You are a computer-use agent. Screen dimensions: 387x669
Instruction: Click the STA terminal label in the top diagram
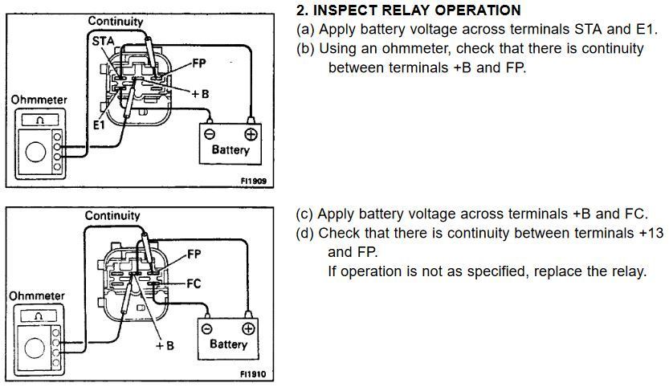click(102, 39)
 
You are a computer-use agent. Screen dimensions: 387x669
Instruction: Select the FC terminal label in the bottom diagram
click(194, 283)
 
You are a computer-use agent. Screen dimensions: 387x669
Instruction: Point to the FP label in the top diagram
click(199, 63)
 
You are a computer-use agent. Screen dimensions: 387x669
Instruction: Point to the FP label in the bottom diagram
click(194, 255)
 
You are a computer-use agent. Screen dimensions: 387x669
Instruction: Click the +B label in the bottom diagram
click(165, 345)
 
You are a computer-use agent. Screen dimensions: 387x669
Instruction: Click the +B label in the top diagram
click(199, 93)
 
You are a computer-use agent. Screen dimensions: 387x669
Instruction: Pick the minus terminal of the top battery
click(209, 133)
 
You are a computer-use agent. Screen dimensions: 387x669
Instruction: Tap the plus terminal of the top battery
click(251, 133)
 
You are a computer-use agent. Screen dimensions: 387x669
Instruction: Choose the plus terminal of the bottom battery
click(248, 328)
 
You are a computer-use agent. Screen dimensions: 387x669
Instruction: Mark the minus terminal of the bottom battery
click(207, 328)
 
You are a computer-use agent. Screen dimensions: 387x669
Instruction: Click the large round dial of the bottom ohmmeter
click(34, 348)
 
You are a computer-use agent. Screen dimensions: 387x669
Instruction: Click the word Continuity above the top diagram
click(115, 21)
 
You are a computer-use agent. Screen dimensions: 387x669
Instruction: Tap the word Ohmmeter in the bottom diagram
click(38, 295)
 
